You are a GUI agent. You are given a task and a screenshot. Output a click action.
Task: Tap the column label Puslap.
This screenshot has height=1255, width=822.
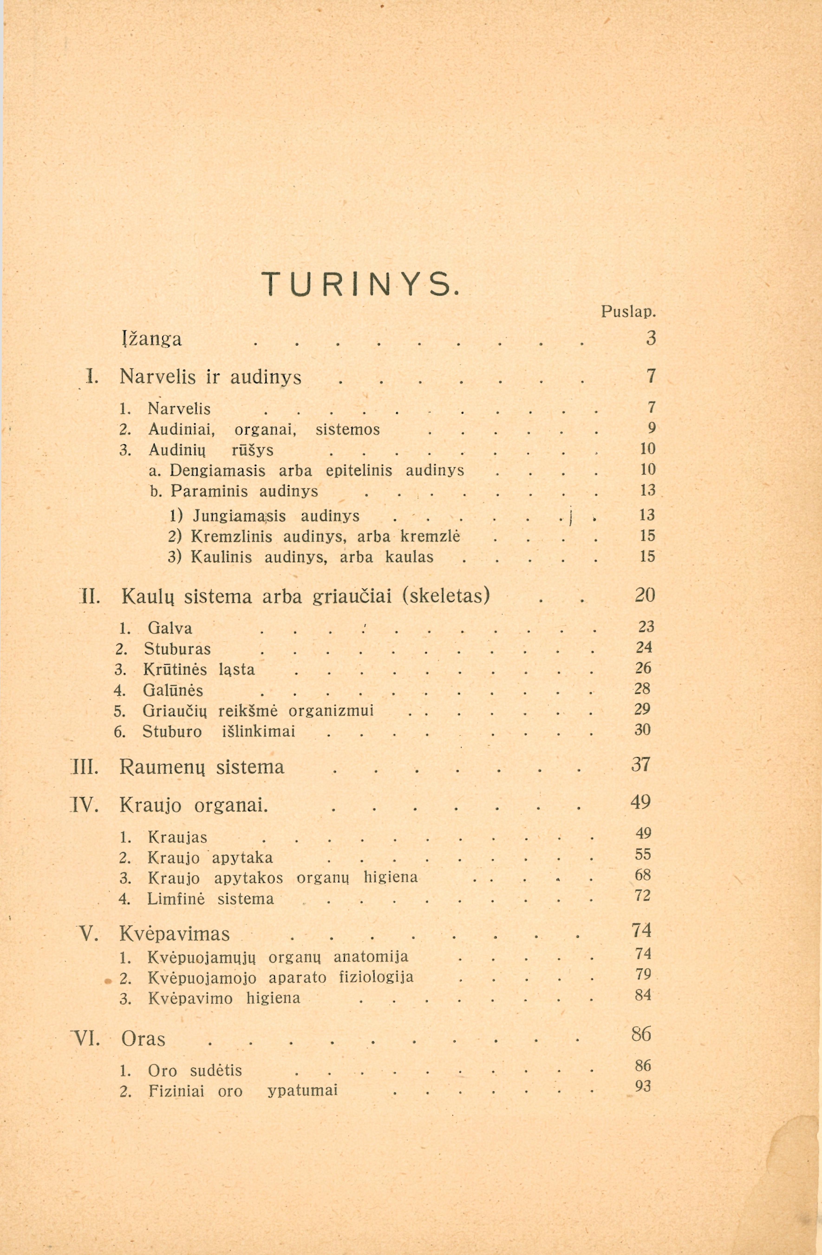628,313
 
